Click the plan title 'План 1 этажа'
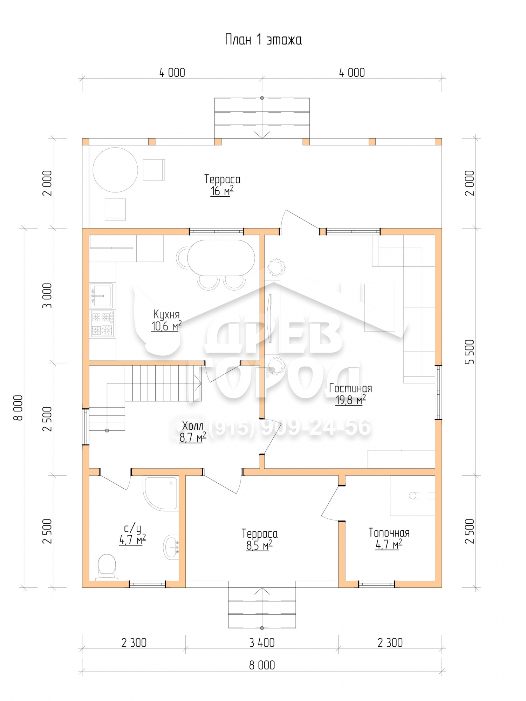(263, 40)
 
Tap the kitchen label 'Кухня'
(166, 314)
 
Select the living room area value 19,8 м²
(350, 400)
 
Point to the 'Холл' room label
(193, 426)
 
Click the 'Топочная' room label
(389, 533)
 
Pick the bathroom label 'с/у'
(132, 528)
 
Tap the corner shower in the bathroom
(160, 493)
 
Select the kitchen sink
(102, 295)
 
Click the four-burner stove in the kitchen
(102, 324)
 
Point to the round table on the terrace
(115, 170)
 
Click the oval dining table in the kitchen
(221, 258)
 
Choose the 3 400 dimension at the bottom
(262, 643)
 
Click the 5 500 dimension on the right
(470, 352)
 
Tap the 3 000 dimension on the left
(47, 295)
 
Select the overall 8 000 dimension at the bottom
(262, 665)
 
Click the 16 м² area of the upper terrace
(222, 191)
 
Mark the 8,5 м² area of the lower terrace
(259, 545)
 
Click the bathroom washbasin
(171, 546)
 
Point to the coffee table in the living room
(380, 308)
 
